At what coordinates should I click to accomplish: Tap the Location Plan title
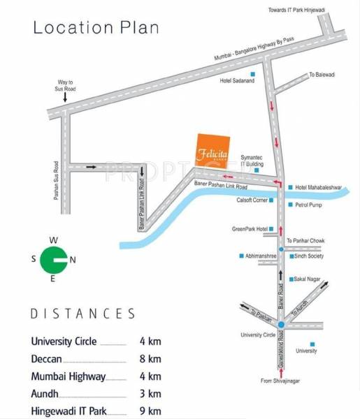click(x=96, y=28)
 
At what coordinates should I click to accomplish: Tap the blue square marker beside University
click(x=312, y=344)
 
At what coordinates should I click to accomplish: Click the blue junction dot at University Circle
click(x=280, y=325)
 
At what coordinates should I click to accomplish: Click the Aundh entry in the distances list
click(x=46, y=394)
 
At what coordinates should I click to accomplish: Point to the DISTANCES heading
click(x=82, y=314)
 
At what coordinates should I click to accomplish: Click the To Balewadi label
click(x=322, y=74)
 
